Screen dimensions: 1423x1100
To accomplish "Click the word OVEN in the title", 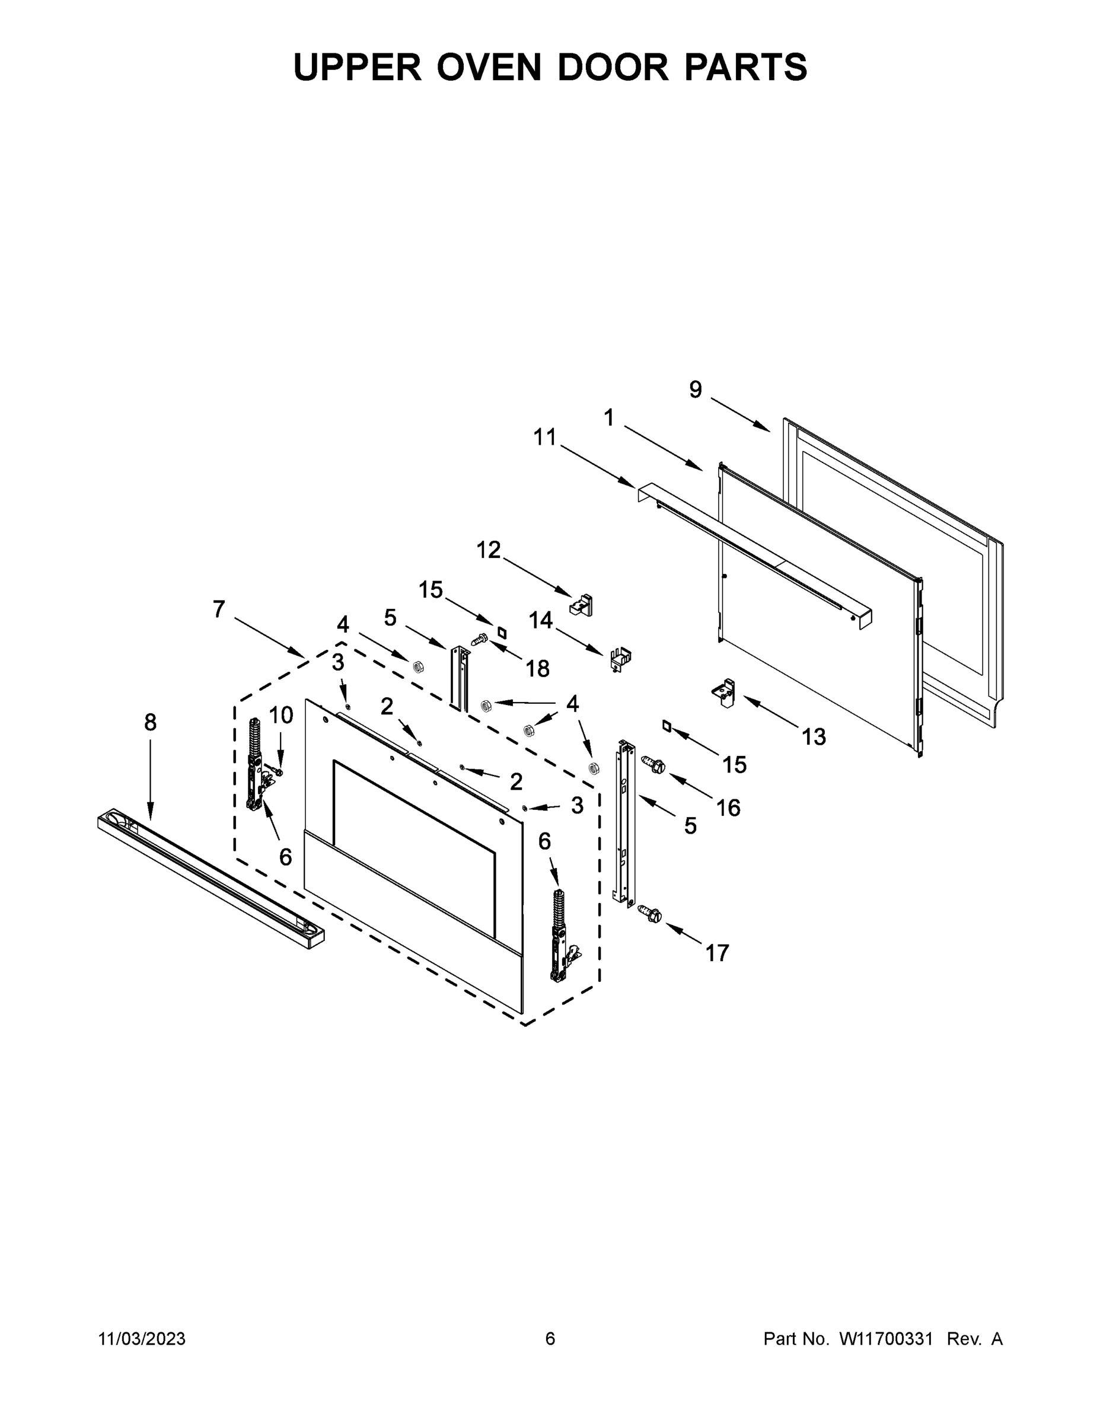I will click(488, 67).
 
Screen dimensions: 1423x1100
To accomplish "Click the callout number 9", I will click(696, 390).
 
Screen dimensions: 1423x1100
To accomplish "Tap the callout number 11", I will click(545, 437).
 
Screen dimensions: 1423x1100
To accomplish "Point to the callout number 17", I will click(717, 953).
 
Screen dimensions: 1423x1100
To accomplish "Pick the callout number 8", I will click(151, 722).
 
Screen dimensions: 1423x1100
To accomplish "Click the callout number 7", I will click(219, 609).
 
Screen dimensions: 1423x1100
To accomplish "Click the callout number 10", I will click(282, 716).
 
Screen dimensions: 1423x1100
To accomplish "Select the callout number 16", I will click(729, 808).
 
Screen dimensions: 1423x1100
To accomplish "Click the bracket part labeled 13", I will click(724, 693).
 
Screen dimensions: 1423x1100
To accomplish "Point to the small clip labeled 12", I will click(581, 605).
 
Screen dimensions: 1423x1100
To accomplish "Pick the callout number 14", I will click(540, 620).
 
